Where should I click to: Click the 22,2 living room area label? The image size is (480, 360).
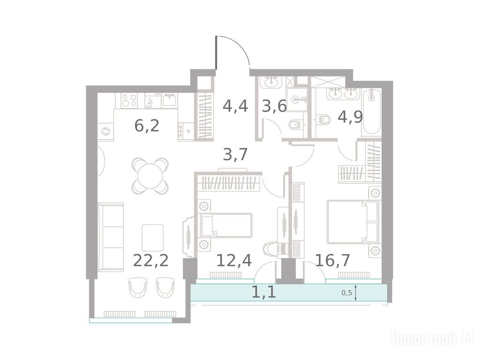coord(151,261)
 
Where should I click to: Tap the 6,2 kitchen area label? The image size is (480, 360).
coord(147,126)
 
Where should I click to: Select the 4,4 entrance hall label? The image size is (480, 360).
coord(235,106)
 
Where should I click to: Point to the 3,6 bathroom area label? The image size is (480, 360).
coord(274,106)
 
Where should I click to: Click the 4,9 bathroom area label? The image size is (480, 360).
coord(350,117)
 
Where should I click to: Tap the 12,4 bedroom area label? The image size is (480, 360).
coord(234,261)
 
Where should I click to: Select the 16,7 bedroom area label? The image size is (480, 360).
coord(332,261)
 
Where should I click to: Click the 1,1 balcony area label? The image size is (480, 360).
coord(263,292)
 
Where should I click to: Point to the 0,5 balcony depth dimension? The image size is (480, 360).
coord(346,293)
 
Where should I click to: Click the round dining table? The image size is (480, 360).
coord(150,176)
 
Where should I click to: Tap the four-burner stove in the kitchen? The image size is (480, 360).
coord(129,100)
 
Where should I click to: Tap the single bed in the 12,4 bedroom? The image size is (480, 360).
coord(226,225)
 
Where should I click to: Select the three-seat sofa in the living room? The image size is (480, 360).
coord(111,237)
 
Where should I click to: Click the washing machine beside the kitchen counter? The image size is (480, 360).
coord(105,132)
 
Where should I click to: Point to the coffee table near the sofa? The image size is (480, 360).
coord(152,238)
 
